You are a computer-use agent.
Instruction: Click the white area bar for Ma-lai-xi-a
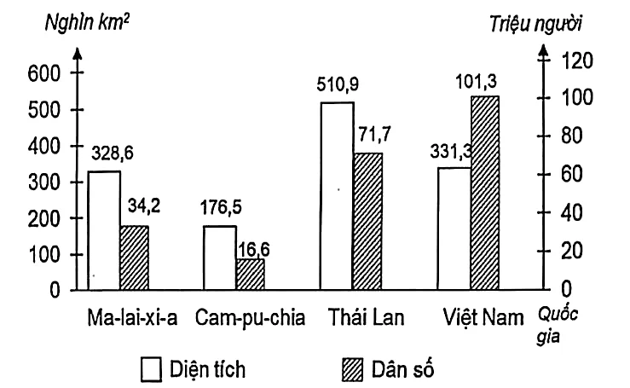pyautogui.click(x=104, y=231)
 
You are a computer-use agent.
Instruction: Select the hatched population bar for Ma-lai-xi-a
pyautogui.click(x=134, y=258)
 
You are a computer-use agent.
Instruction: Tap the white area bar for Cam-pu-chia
pyautogui.click(x=219, y=258)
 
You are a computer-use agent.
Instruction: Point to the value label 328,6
pyautogui.click(x=113, y=156)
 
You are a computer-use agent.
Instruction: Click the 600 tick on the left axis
pyautogui.click(x=44, y=74)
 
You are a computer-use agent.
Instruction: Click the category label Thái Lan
pyautogui.click(x=366, y=319)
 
